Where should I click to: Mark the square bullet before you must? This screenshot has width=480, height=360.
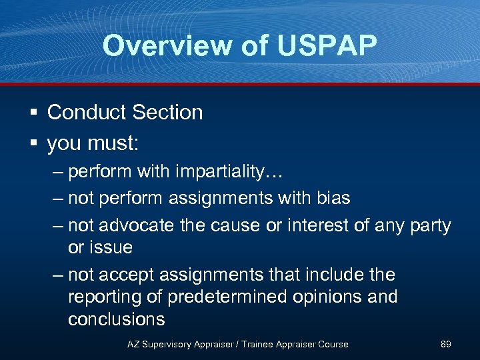(33, 143)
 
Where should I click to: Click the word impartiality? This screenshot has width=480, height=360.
(220, 172)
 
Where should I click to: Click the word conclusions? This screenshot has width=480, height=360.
(116, 319)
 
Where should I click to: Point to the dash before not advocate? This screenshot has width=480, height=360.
(58, 226)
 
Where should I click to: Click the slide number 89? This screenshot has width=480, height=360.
(446, 344)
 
